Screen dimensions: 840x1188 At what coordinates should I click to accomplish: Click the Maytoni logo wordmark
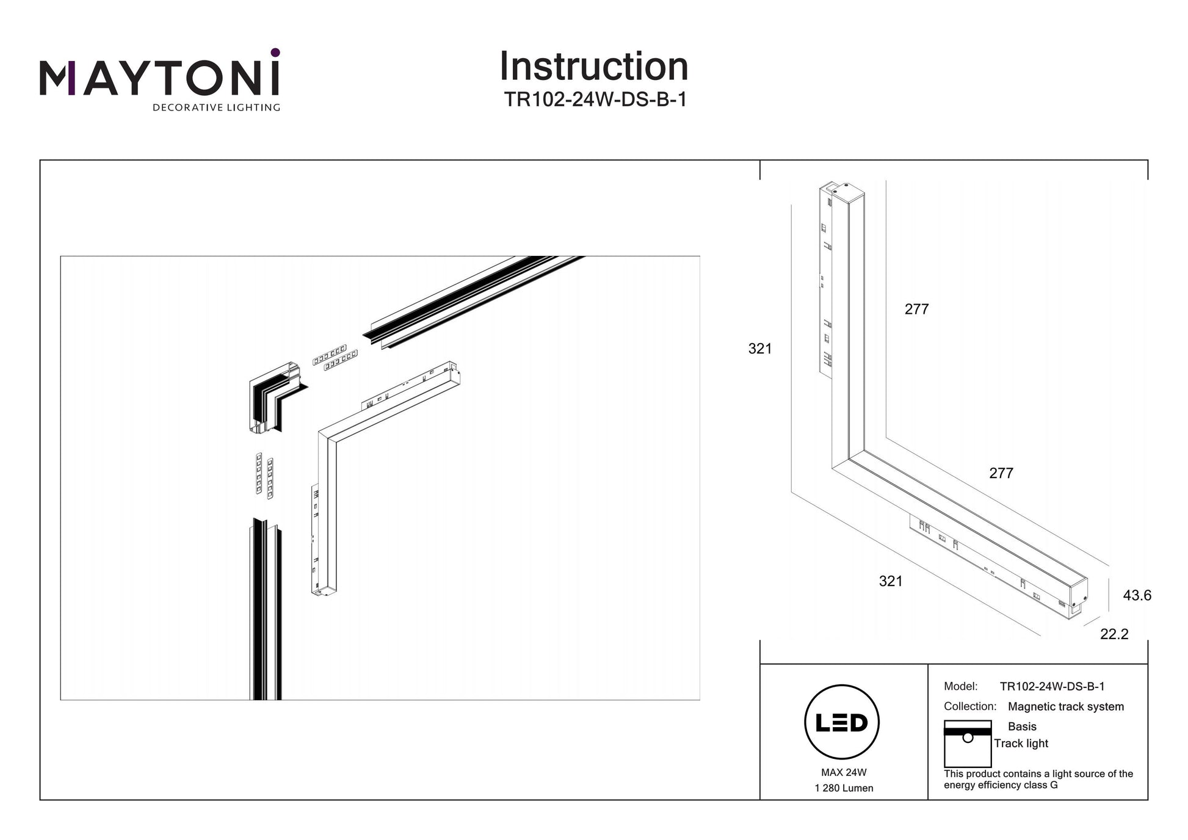pyautogui.click(x=159, y=78)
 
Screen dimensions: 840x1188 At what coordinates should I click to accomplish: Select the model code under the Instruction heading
pyautogui.click(x=595, y=100)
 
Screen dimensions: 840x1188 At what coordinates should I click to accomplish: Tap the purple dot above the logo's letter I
pyautogui.click(x=275, y=52)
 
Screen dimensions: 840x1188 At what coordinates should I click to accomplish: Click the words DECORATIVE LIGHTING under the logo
pyautogui.click(x=216, y=108)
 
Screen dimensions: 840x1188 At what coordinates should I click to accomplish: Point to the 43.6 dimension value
pyautogui.click(x=1137, y=595)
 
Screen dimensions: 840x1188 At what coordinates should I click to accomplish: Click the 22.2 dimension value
pyautogui.click(x=1114, y=634)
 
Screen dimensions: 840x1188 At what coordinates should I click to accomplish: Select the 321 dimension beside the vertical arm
pyautogui.click(x=760, y=349)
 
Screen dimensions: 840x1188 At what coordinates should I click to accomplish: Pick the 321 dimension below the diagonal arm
pyautogui.click(x=891, y=581)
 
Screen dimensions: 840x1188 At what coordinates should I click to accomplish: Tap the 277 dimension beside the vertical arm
pyautogui.click(x=916, y=310)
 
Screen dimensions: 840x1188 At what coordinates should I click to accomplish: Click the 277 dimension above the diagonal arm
pyautogui.click(x=1001, y=473)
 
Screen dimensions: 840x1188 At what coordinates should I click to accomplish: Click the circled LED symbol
pyautogui.click(x=842, y=722)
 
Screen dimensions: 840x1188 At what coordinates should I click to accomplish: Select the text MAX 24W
pyautogui.click(x=844, y=772)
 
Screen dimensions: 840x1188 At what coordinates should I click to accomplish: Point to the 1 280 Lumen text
pyautogui.click(x=844, y=788)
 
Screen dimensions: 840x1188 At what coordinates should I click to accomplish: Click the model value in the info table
pyautogui.click(x=1052, y=686)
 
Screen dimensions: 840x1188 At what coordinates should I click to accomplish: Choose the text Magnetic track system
pyautogui.click(x=1065, y=706)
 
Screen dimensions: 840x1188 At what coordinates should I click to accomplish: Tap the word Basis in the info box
pyautogui.click(x=1022, y=726)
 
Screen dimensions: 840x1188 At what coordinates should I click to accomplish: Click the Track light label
pyautogui.click(x=1021, y=743)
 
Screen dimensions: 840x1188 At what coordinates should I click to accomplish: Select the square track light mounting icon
pyautogui.click(x=967, y=744)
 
